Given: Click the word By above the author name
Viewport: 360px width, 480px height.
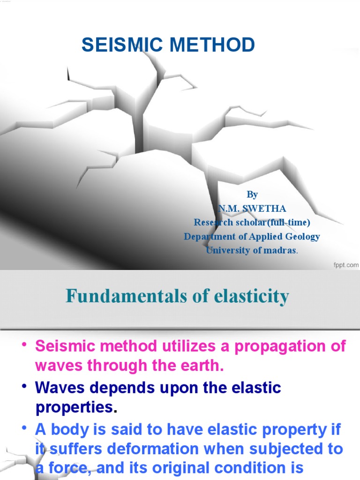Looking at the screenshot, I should point(252,195).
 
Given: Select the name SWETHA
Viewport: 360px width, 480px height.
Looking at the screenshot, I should point(268,209).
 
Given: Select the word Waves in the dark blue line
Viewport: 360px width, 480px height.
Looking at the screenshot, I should point(59,388).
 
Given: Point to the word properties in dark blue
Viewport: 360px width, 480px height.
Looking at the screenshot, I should point(74,408).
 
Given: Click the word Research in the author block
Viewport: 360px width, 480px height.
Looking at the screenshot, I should point(213,222).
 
